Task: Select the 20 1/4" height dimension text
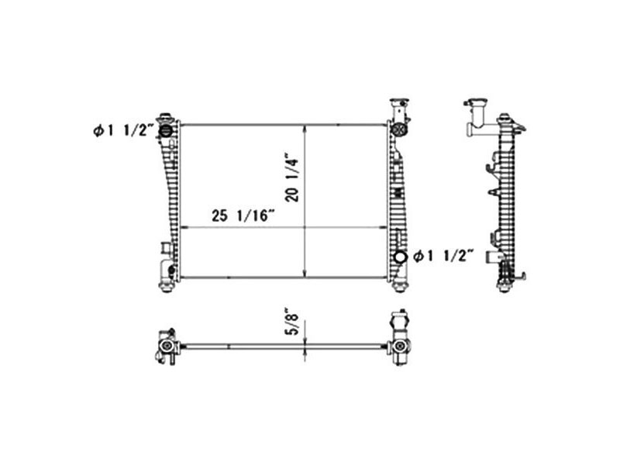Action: click(293, 179)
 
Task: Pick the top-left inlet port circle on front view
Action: click(166, 131)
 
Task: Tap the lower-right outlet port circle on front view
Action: click(400, 257)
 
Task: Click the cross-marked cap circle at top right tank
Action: click(400, 128)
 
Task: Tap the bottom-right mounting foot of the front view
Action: click(400, 287)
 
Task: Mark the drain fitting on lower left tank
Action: click(166, 250)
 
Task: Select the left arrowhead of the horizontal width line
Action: click(182, 227)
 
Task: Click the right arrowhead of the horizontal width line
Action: click(385, 227)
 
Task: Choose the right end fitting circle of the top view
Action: click(400, 346)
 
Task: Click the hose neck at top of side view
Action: click(474, 116)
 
